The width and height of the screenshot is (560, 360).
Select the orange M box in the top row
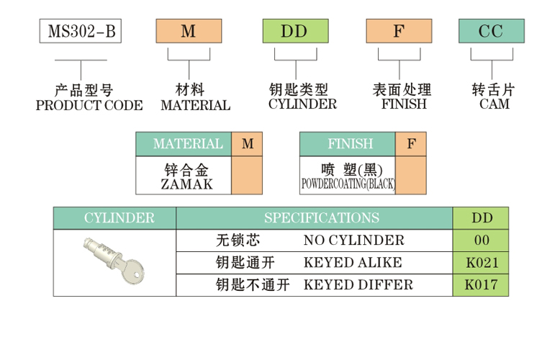(189, 32)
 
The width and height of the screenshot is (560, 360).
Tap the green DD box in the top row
(294, 32)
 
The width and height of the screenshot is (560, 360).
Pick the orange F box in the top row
(399, 32)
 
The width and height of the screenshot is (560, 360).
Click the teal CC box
(492, 32)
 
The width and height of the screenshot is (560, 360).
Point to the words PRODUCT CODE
(89, 106)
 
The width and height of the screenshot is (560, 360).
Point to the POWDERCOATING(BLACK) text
(348, 185)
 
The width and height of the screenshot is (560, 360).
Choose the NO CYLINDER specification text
(354, 240)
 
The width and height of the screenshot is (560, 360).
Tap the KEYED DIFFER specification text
(358, 284)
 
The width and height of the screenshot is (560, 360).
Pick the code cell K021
(481, 262)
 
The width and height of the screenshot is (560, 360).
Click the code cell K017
(481, 284)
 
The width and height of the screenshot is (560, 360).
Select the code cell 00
(481, 240)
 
